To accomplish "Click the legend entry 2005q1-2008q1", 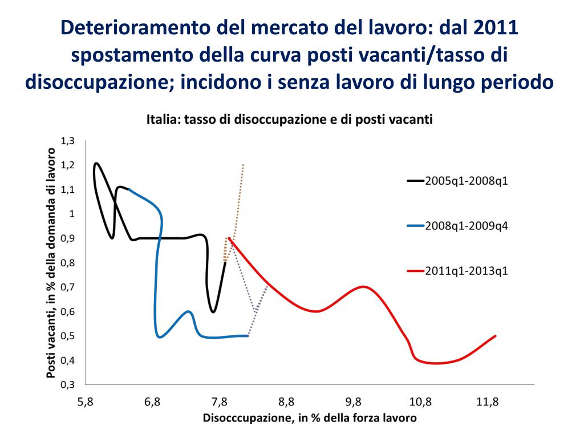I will [x=466, y=181].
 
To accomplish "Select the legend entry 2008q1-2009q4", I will [x=466, y=226].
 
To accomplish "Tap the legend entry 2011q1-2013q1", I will [x=466, y=270].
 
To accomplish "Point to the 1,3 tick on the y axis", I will [x=68, y=140].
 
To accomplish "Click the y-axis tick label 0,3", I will [x=68, y=384].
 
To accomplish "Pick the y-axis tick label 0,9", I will [x=68, y=238].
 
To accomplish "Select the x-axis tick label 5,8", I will [x=86, y=402].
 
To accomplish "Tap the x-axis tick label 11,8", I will [x=488, y=402].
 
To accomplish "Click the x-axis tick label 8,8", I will [x=287, y=402].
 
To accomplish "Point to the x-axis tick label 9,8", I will [x=354, y=402].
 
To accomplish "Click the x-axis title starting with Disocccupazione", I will [x=310, y=419].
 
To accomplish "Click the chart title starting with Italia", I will [x=289, y=120].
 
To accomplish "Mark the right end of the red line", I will [x=496, y=336].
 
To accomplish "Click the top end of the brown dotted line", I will [x=244, y=164].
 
